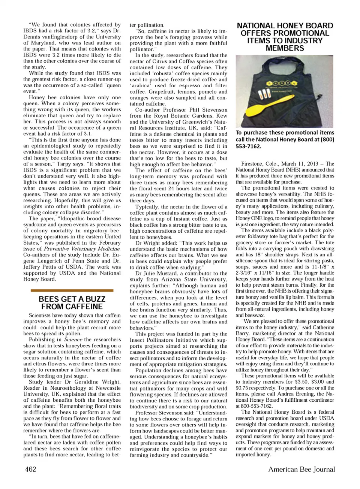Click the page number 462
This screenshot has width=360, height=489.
coord(31,469)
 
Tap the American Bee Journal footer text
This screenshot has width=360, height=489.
coord(301,469)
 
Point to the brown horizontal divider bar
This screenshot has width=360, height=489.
coord(72,290)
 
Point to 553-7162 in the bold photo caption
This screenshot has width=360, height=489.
coord(248,147)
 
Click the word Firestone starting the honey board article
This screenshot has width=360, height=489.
coord(253,164)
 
